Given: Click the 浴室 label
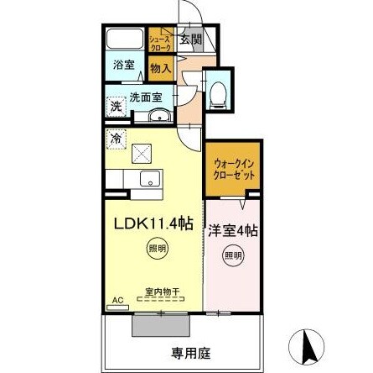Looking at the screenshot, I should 125,66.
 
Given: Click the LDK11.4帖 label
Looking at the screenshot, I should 154,223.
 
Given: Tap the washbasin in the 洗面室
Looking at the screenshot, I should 156,116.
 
